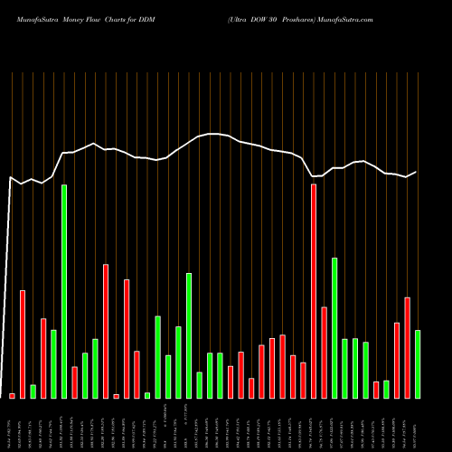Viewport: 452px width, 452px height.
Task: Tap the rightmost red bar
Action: (407, 347)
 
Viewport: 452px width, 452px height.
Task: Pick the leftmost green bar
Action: (33, 391)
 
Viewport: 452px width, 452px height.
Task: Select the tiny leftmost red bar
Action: (12, 395)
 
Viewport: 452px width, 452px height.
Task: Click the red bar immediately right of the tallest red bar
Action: (324, 353)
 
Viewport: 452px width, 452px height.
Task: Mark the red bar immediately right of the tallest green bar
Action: (74, 381)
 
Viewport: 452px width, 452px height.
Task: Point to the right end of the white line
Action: (417, 172)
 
